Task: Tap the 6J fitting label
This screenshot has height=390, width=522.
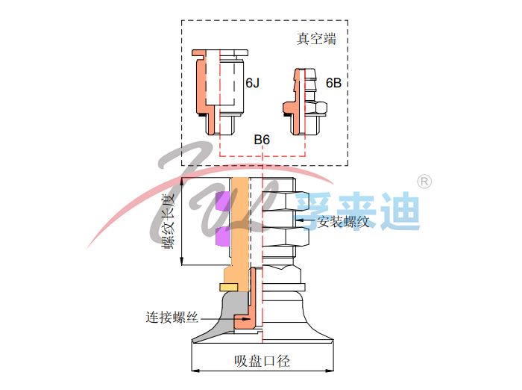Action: tap(254, 83)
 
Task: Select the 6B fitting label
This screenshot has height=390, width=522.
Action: tap(333, 83)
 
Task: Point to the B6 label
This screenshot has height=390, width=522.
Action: tap(262, 140)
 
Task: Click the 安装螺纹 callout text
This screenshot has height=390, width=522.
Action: tap(344, 221)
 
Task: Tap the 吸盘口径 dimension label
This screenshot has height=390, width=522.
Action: tap(262, 362)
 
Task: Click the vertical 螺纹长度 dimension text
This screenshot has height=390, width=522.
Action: tap(168, 222)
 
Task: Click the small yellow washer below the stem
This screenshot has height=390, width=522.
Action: tap(228, 287)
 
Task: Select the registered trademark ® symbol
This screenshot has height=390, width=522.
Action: tap(424, 181)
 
